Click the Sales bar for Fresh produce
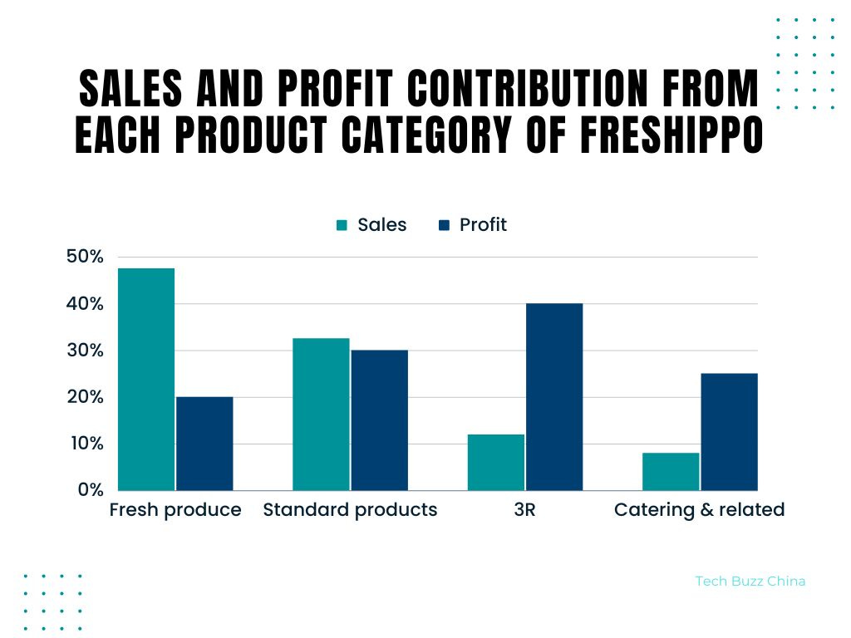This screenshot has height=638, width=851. tap(146, 379)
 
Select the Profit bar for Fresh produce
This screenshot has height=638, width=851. tap(204, 444)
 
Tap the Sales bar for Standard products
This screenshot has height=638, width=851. tap(321, 414)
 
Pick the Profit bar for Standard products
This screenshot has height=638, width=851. tap(379, 420)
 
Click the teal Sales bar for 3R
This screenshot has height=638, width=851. tap(496, 462)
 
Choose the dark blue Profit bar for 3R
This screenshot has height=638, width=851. tap(554, 397)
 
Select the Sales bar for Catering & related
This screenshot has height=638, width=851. tap(671, 471)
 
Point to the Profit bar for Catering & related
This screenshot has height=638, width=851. tap(729, 432)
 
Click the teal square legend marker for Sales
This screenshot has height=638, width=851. tap(342, 225)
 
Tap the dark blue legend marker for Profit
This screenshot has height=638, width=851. tap(444, 225)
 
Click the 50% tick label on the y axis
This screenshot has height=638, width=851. tap(85, 257)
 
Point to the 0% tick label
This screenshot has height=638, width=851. tap(91, 489)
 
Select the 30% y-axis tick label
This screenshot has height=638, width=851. tap(85, 350)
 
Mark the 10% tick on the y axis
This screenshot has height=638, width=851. tap(85, 443)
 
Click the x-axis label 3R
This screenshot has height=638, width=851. tap(525, 510)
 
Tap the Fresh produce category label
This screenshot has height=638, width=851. tap(175, 510)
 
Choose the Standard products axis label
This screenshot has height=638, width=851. tap(350, 510)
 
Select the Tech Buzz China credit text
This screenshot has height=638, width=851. tap(750, 581)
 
